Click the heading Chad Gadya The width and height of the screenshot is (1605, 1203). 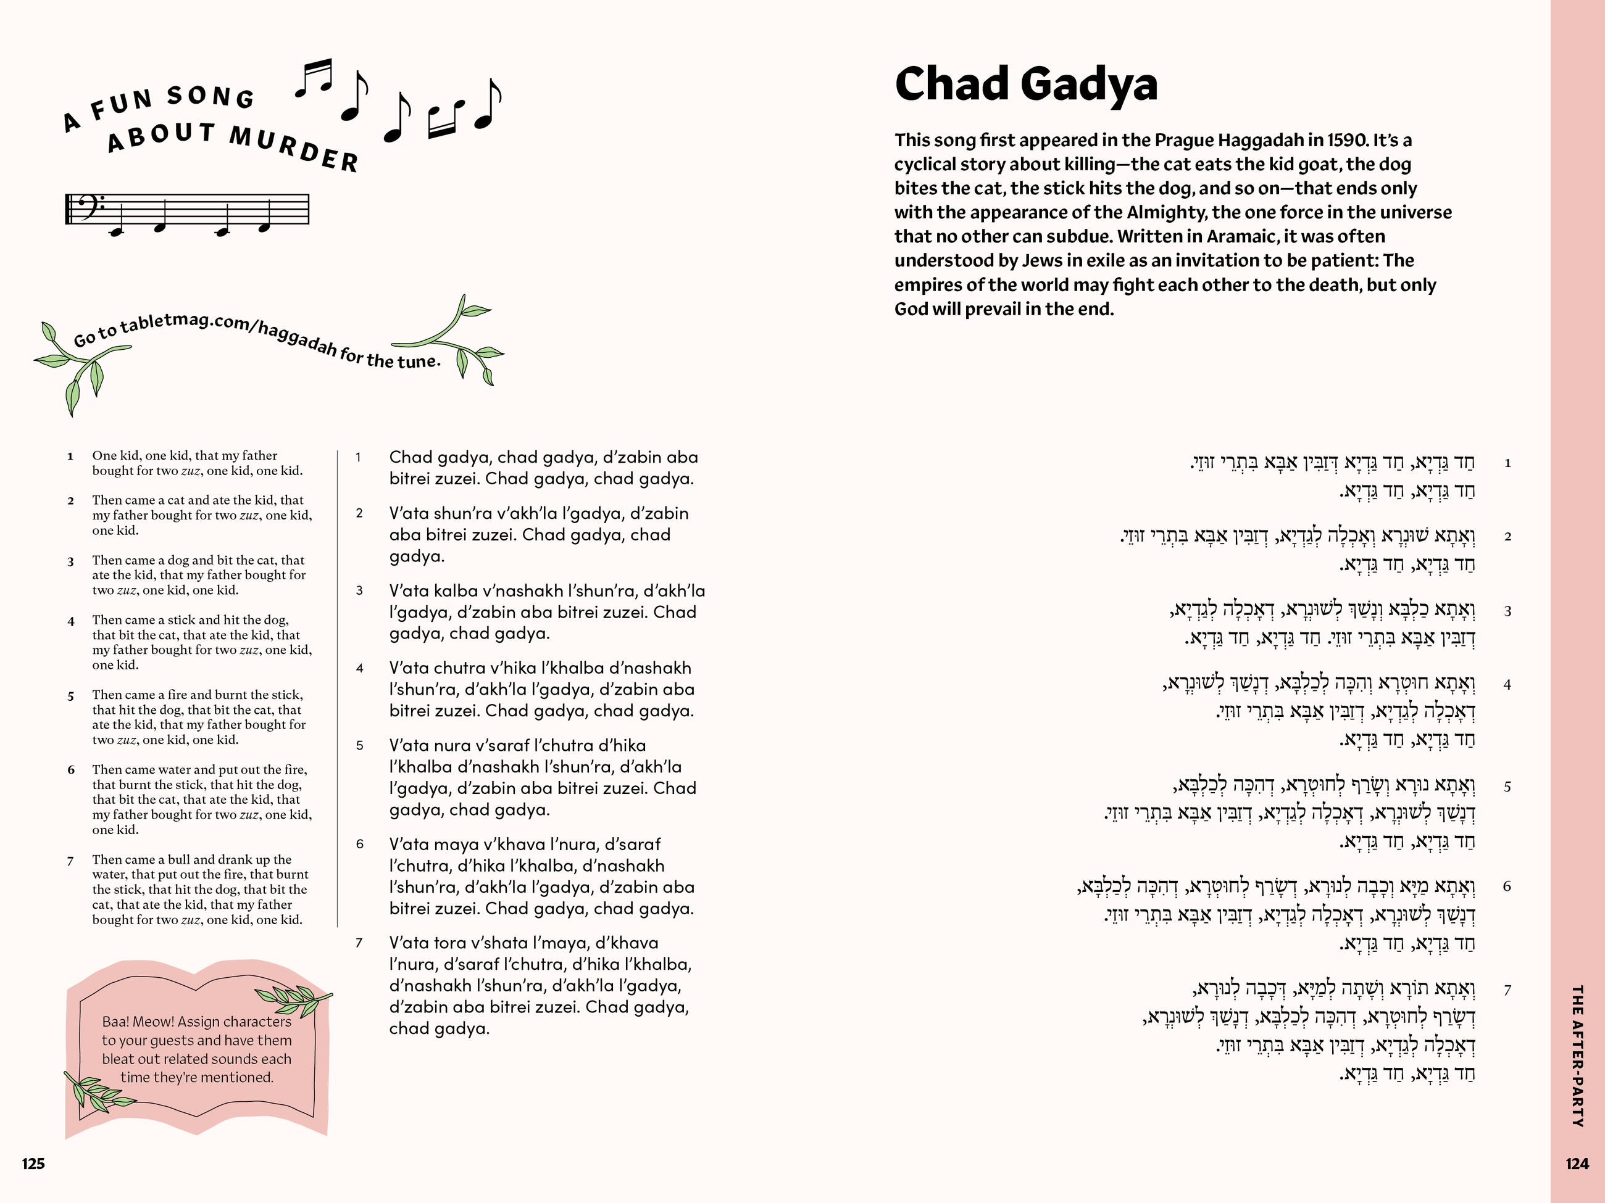pos(1025,85)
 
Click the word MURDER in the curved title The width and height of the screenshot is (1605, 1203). pos(294,147)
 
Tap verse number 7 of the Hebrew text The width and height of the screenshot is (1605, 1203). pos(1507,989)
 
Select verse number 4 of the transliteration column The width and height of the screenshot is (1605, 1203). pos(359,669)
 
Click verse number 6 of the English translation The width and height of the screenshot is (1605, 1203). pos(71,770)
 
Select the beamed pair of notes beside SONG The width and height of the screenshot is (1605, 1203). pos(314,78)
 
